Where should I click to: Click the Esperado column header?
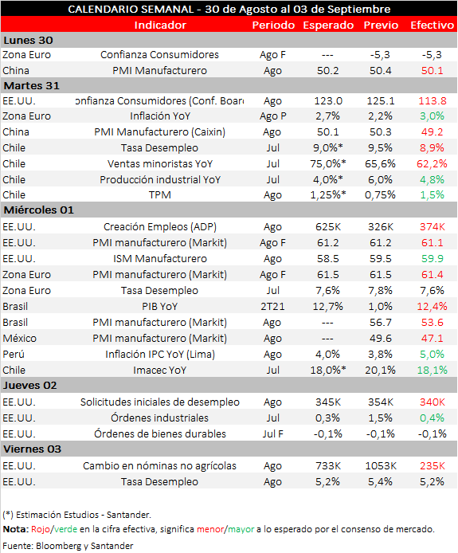click(x=328, y=25)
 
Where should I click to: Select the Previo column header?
click(x=381, y=25)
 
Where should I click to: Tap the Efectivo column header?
click(x=432, y=25)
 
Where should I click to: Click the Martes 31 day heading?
click(x=32, y=86)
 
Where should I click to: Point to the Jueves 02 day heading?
click(x=30, y=385)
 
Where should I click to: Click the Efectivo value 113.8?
click(x=433, y=101)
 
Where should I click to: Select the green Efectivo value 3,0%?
click(x=432, y=116)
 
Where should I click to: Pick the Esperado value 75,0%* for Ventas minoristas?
click(x=328, y=163)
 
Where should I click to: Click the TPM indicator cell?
click(x=160, y=194)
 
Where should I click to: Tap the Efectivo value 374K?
click(x=433, y=227)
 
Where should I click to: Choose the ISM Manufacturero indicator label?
click(x=160, y=258)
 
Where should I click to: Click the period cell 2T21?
click(x=272, y=307)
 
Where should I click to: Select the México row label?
click(x=19, y=338)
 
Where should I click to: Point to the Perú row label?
click(x=14, y=354)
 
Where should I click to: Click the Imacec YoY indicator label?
click(x=160, y=370)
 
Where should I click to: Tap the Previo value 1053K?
click(x=381, y=466)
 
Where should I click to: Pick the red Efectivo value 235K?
click(x=433, y=466)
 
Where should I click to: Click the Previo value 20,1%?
click(x=380, y=370)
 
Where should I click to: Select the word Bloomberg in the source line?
click(x=58, y=546)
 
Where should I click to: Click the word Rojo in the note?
click(x=41, y=529)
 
